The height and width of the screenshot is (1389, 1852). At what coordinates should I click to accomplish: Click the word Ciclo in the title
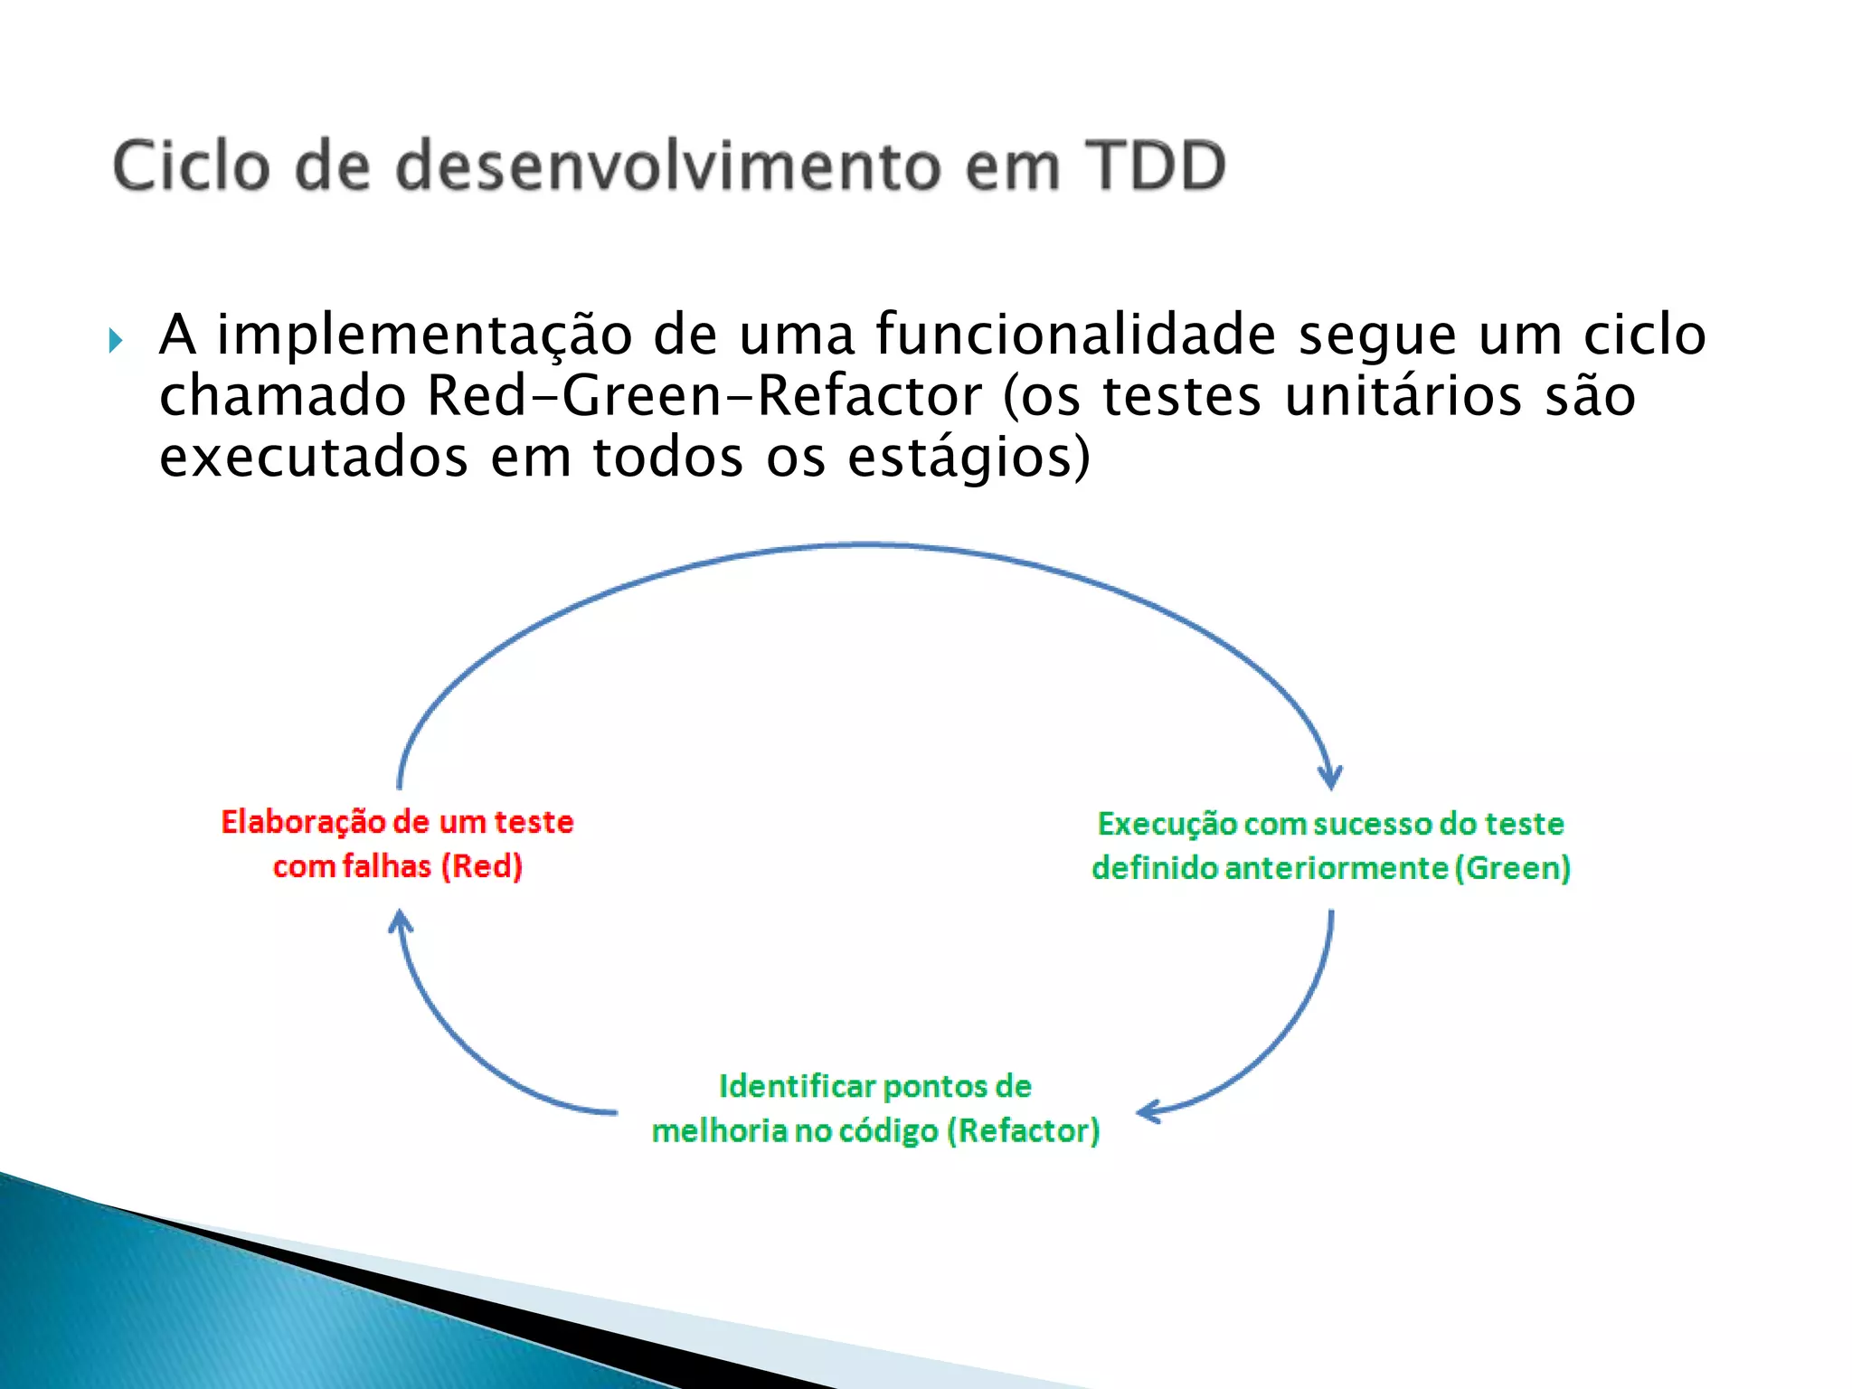[191, 166]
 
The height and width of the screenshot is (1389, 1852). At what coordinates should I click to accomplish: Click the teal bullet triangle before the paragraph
[115, 341]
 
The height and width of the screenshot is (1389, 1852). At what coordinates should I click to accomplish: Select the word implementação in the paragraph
[424, 335]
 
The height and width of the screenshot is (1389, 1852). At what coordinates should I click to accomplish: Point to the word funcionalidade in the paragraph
[1075, 335]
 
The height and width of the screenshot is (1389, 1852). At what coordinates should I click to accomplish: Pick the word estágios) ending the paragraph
[969, 458]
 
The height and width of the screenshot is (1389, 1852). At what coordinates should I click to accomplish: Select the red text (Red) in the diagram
[481, 866]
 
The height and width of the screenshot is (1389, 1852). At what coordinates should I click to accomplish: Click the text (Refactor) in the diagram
[1023, 1130]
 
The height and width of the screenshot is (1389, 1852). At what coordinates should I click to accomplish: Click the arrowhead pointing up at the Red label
[401, 923]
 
